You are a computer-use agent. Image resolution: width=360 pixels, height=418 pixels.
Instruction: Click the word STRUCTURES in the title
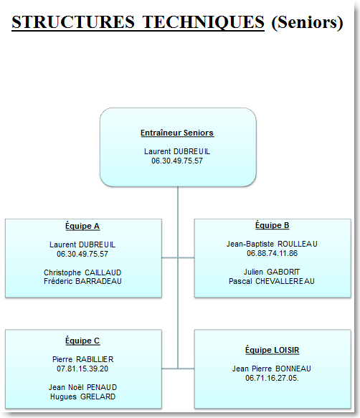pyautogui.click(x=73, y=22)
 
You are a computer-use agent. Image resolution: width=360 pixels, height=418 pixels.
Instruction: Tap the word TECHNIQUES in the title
pyautogui.click(x=203, y=22)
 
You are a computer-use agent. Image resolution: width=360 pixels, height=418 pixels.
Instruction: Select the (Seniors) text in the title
pyautogui.click(x=307, y=22)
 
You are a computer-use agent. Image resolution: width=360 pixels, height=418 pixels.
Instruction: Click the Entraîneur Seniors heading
pyautogui.click(x=177, y=133)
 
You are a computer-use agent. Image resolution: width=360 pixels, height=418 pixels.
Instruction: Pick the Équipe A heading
pyautogui.click(x=82, y=226)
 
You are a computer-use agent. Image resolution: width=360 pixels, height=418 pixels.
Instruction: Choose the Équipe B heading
pyautogui.click(x=272, y=225)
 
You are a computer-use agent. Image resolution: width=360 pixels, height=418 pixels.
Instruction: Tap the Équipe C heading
pyautogui.click(x=82, y=341)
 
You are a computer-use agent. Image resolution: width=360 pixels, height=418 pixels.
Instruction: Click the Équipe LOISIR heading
pyautogui.click(x=272, y=350)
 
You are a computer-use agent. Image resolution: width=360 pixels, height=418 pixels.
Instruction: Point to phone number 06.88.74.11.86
pyautogui.click(x=272, y=253)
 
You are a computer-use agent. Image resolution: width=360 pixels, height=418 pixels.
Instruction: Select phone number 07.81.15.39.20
pyautogui.click(x=82, y=369)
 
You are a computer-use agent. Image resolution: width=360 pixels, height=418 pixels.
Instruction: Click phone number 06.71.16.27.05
pyautogui.click(x=272, y=378)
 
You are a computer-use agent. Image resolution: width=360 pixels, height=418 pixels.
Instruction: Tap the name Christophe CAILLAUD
pyautogui.click(x=82, y=272)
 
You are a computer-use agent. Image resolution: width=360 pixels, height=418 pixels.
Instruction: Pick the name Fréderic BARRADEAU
pyautogui.click(x=82, y=281)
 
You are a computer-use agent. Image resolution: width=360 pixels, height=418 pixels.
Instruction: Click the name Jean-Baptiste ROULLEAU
pyautogui.click(x=272, y=244)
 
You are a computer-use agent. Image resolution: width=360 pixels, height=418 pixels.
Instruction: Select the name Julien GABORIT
pyautogui.click(x=272, y=272)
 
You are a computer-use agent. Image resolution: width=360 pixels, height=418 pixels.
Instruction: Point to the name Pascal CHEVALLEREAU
pyautogui.click(x=272, y=281)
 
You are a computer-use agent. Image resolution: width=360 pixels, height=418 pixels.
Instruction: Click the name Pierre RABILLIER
pyautogui.click(x=82, y=359)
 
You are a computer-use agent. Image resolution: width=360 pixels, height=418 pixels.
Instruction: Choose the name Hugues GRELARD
pyautogui.click(x=82, y=396)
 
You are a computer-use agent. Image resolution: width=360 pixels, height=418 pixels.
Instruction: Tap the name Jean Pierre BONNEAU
pyautogui.click(x=272, y=369)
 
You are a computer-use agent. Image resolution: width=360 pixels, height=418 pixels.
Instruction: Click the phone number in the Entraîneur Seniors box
pyautogui.click(x=177, y=161)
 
